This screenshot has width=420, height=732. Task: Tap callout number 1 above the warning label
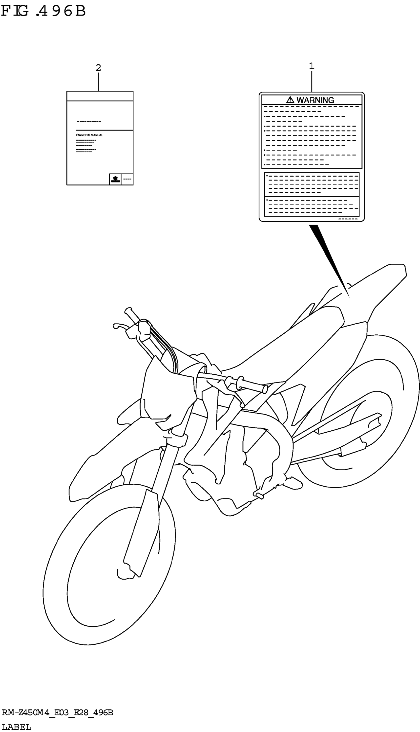click(312, 66)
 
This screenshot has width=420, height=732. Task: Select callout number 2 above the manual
click(98, 68)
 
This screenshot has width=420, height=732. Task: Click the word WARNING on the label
click(315, 100)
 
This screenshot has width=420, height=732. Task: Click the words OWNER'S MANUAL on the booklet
click(89, 135)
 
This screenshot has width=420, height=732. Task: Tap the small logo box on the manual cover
click(115, 179)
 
